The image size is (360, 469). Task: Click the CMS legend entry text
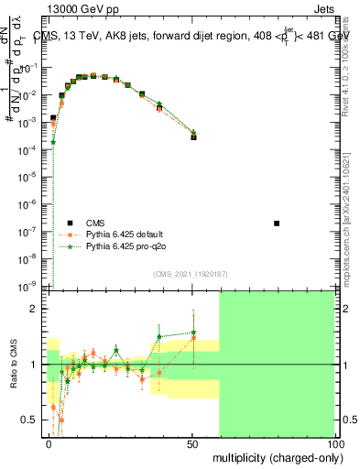tap(95, 223)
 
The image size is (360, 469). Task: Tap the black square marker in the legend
tap(70, 223)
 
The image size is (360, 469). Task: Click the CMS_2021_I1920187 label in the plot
tap(190, 274)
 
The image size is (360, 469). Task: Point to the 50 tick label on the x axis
tap(193, 443)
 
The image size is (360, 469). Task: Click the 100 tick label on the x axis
tap(333, 443)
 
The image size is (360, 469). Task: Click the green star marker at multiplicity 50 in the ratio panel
tap(193, 333)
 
